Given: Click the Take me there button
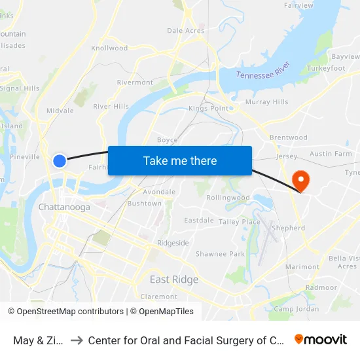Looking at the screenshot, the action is click(x=180, y=161).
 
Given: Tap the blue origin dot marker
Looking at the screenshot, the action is click(x=60, y=160).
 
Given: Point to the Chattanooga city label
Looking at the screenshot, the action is click(x=64, y=207).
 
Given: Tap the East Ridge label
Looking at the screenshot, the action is click(x=174, y=279).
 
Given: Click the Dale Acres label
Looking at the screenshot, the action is click(x=186, y=30).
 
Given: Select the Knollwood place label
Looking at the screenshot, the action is click(x=109, y=48).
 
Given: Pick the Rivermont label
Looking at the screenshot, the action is click(x=135, y=82).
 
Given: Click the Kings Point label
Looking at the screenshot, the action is click(x=209, y=108).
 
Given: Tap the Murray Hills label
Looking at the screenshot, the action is click(x=266, y=102).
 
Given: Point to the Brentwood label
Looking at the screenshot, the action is click(x=289, y=137).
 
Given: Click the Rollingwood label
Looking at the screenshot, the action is click(x=228, y=198).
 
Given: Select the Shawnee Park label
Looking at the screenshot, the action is click(x=220, y=254).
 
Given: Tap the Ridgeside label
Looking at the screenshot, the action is click(x=173, y=243).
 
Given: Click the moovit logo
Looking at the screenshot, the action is click(x=321, y=340).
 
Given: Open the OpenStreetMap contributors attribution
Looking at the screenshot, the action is click(x=65, y=312).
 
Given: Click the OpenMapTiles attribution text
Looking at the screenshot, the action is click(x=166, y=312).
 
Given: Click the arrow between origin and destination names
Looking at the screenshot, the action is click(x=77, y=340).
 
